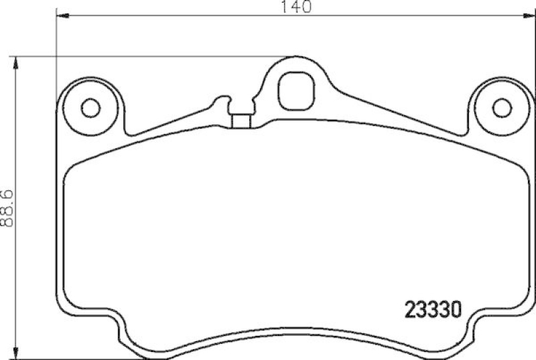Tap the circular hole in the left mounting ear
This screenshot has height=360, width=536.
click(x=90, y=107)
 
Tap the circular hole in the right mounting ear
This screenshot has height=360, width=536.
click(x=500, y=107)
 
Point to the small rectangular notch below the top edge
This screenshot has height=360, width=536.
click(x=241, y=121)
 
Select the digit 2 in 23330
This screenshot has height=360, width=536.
click(x=409, y=310)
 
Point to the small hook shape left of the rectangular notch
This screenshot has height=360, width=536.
click(x=219, y=104)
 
